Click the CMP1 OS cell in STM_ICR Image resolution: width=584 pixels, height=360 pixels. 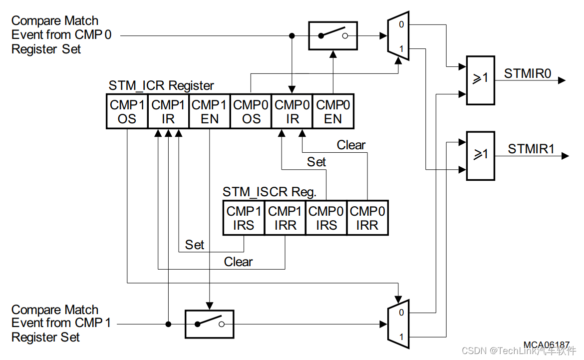(x=127, y=111)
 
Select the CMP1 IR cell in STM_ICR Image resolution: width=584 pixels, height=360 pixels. (x=168, y=111)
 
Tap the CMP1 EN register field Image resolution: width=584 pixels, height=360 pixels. (x=209, y=111)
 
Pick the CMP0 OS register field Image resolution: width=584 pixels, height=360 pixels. (x=251, y=111)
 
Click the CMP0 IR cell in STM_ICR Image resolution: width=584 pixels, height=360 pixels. (x=292, y=111)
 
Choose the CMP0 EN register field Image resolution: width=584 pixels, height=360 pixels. (x=333, y=111)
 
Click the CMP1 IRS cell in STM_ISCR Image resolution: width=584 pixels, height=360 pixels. (x=244, y=218)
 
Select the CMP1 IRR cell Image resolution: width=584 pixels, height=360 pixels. (x=285, y=218)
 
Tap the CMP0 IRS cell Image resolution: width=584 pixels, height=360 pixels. (x=326, y=218)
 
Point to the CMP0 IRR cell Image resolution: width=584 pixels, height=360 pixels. (x=367, y=218)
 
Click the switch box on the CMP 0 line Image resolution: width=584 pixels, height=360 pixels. (x=333, y=35)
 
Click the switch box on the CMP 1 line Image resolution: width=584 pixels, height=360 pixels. (x=209, y=324)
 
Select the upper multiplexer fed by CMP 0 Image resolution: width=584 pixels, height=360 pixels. (x=398, y=36)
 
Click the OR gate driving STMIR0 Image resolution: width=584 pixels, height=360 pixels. (x=480, y=80)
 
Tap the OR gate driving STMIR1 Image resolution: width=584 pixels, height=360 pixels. (x=480, y=155)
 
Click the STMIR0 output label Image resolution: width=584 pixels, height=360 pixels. (x=528, y=74)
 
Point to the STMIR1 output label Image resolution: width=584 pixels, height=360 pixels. (x=531, y=149)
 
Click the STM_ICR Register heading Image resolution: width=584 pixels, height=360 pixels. (x=161, y=85)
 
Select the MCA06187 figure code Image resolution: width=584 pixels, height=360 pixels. (x=546, y=345)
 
